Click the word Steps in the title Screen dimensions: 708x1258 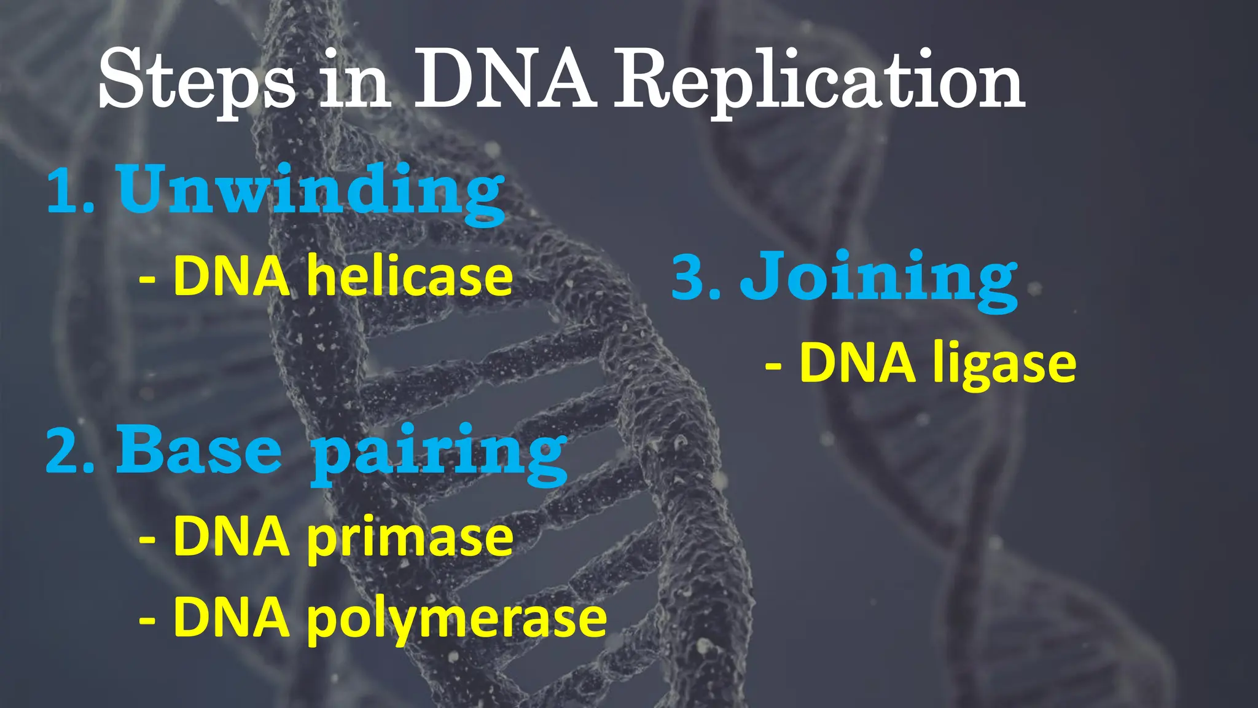[195, 83]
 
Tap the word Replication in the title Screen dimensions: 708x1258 [820, 83]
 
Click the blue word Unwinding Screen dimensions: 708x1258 [311, 191]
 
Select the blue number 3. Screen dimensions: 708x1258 [694, 278]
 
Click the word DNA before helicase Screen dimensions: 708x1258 [231, 277]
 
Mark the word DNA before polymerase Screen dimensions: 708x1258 [231, 618]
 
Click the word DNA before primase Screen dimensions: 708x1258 [231, 537]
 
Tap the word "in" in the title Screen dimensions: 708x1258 [355, 83]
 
